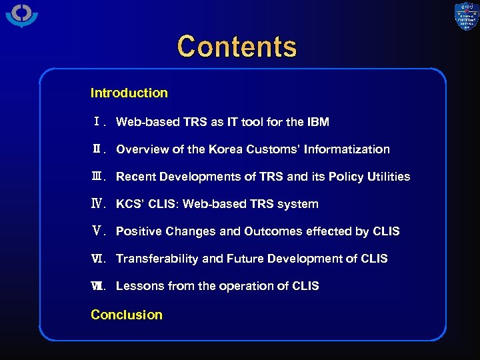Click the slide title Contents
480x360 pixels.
pos(237,47)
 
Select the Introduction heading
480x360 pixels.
pos(129,93)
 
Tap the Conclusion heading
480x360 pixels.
pos(127,315)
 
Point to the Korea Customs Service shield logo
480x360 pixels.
pos(466,17)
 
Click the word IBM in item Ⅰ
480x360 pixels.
pos(317,122)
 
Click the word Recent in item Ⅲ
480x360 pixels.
pos(136,177)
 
